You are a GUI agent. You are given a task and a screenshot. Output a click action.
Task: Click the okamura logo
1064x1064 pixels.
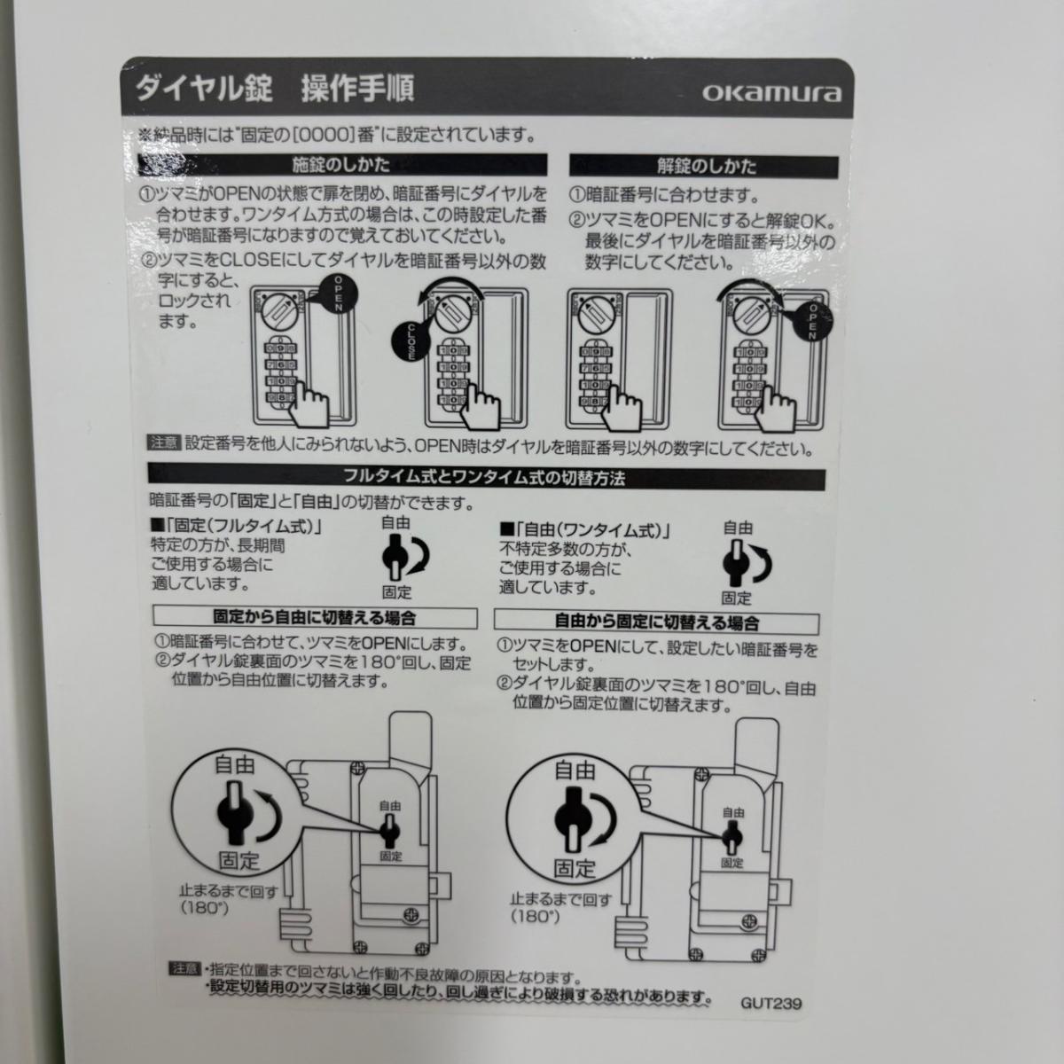(771, 94)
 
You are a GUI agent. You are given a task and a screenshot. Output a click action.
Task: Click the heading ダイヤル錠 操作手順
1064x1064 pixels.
(274, 88)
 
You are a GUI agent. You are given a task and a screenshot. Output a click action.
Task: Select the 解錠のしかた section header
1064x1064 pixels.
(704, 167)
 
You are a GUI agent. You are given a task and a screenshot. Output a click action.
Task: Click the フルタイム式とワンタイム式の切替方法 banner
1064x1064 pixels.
(487, 479)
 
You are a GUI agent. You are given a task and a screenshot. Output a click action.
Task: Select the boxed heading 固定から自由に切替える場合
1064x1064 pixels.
(315, 618)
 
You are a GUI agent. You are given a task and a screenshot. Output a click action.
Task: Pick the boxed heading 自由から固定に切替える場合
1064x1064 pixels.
(656, 624)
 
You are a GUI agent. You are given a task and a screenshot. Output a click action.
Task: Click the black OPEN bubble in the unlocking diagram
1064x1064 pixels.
(811, 321)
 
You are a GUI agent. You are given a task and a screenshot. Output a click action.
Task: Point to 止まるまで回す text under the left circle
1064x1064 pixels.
(229, 891)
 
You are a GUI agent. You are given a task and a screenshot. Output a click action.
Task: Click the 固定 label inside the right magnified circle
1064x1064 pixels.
(575, 869)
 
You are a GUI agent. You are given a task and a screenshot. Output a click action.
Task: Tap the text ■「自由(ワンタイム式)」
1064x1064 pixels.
(585, 530)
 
